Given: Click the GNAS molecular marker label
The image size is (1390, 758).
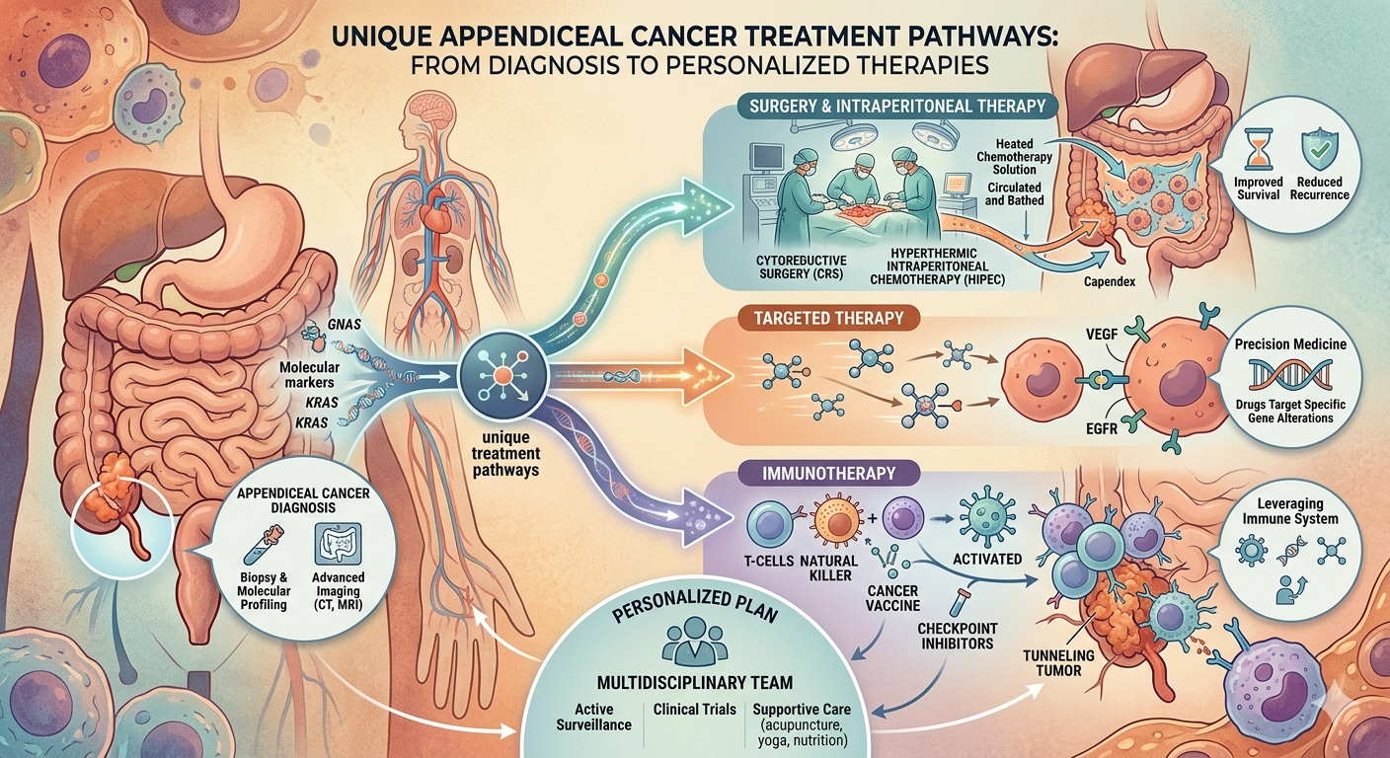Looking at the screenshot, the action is [x=344, y=325].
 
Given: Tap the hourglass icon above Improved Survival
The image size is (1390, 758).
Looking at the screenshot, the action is [x=1257, y=151].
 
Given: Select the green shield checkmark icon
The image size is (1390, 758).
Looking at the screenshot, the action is [x=1319, y=151].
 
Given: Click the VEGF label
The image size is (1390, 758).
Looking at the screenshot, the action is [x=1102, y=335].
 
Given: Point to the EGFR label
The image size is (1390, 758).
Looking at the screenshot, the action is [x=1102, y=427].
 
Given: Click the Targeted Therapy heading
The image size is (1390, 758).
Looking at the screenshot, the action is [x=829, y=319].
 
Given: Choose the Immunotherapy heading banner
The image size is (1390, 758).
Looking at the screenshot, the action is [x=828, y=474].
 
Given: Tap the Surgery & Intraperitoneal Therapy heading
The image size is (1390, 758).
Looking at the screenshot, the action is [x=898, y=106].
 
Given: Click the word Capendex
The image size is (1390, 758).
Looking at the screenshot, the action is [x=1110, y=281].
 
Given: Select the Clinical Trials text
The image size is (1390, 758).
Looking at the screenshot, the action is [x=694, y=709].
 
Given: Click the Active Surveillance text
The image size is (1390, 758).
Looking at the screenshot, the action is [x=594, y=717].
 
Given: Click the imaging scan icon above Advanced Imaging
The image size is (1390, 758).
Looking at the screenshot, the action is [x=339, y=544].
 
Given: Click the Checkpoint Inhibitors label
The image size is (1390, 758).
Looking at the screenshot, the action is [x=957, y=636].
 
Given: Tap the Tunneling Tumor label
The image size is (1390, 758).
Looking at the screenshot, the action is [x=1058, y=662].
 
